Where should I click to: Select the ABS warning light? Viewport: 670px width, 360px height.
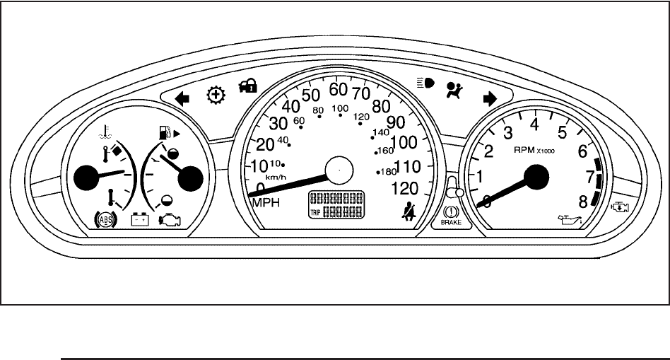click(105, 219)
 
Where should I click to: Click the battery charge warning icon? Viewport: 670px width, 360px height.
click(139, 220)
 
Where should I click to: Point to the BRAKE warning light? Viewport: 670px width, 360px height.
click(450, 214)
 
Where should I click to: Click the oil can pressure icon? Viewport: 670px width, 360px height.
click(570, 220)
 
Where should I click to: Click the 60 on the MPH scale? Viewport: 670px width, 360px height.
click(338, 90)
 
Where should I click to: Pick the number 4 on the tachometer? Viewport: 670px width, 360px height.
click(534, 124)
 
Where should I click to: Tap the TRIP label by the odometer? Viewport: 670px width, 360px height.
click(315, 212)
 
